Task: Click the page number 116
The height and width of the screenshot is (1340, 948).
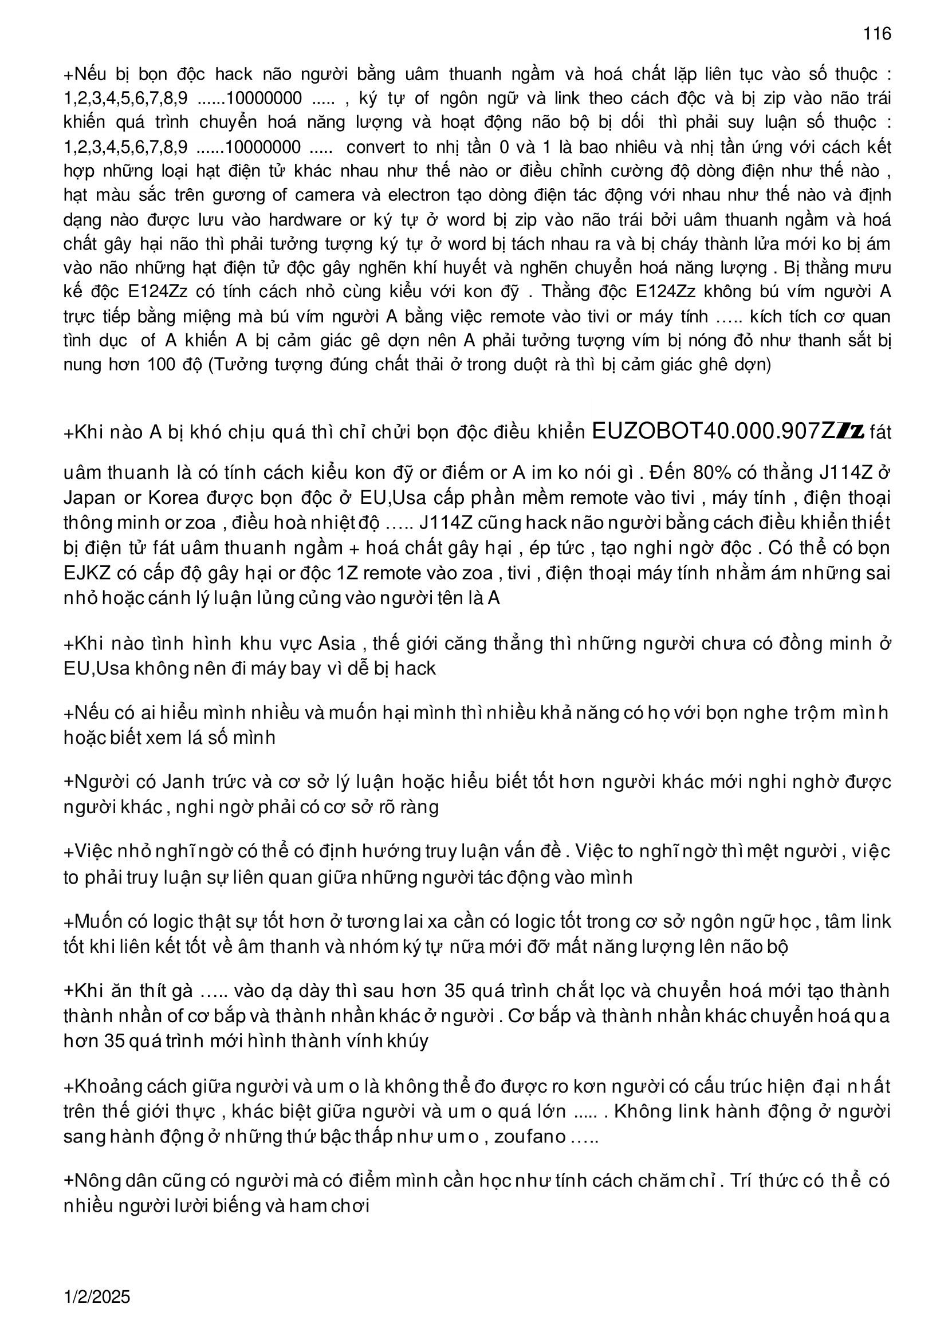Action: pyautogui.click(x=878, y=34)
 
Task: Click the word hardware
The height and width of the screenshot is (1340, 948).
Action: pyautogui.click(x=305, y=219)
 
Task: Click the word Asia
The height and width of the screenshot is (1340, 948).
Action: pyautogui.click(x=337, y=643)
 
